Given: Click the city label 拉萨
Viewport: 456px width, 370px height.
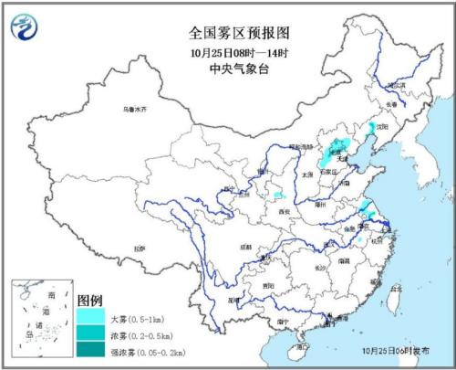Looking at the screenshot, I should [x=139, y=248].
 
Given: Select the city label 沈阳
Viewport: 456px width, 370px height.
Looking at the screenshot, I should [x=384, y=127].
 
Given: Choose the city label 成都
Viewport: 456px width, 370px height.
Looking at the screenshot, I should [x=246, y=247].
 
